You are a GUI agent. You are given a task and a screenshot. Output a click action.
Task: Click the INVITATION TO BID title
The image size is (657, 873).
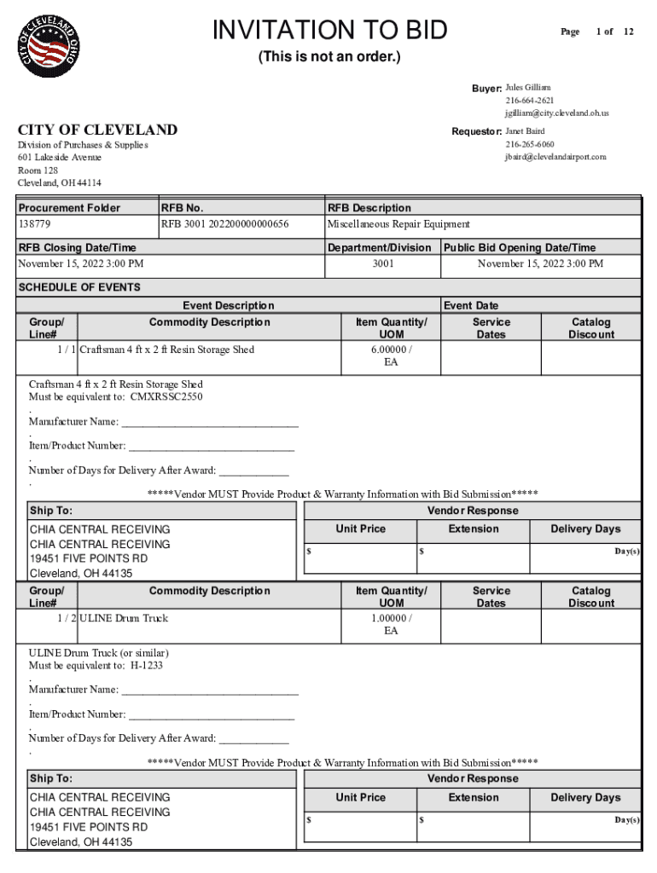[x=329, y=31]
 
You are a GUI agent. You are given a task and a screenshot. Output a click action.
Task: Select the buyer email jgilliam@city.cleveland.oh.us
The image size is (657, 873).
[x=556, y=113]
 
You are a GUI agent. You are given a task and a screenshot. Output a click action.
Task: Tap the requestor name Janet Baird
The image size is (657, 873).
[x=525, y=131]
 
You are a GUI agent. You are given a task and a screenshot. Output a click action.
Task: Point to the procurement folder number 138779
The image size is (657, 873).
[x=34, y=224]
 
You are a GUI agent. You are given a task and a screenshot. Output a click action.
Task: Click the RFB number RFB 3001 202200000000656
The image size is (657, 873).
[x=224, y=224]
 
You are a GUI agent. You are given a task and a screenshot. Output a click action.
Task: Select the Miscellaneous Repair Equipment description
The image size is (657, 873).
[x=398, y=224]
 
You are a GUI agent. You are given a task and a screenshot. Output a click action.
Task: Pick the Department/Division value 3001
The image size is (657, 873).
[x=383, y=263]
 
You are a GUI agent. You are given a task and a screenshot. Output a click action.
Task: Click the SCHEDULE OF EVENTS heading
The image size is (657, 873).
[x=79, y=287]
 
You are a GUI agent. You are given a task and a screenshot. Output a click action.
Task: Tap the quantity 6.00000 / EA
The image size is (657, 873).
[x=391, y=356]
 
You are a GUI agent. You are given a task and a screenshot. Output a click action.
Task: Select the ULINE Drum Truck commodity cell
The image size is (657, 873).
[x=124, y=618]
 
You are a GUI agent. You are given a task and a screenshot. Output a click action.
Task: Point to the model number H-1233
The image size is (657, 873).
[x=146, y=665]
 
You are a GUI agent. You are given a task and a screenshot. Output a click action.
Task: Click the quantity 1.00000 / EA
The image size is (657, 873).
[x=391, y=624]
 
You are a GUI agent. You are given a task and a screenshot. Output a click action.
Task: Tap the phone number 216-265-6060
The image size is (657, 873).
[x=529, y=144]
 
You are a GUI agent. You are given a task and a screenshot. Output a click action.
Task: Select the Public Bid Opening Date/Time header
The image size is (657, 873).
[x=520, y=248]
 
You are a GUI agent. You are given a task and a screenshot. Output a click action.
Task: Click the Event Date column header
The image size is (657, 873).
[x=471, y=305]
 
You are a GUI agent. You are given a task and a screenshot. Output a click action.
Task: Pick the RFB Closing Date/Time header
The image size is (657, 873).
[x=77, y=248]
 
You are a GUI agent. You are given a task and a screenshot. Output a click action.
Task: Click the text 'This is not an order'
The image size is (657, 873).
[x=329, y=58]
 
